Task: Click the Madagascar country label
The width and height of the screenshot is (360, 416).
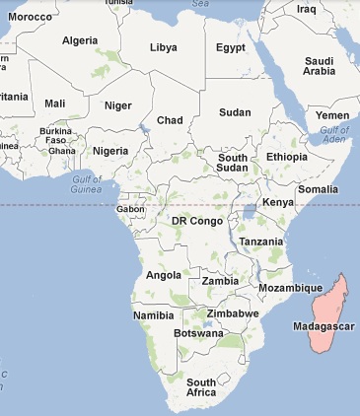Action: point(324,326)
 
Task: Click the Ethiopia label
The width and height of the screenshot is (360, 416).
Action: point(286,157)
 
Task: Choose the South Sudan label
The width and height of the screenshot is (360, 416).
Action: point(233,163)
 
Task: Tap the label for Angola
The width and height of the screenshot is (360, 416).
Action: point(163,275)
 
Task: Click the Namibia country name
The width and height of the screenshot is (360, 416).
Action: point(153,315)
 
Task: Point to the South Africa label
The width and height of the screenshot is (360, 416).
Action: point(201,387)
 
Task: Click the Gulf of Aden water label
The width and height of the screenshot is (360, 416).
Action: point(335,135)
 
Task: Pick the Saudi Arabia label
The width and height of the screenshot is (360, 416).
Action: point(320,66)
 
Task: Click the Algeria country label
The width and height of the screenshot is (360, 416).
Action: point(81,40)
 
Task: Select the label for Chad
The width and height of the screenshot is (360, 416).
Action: point(171,120)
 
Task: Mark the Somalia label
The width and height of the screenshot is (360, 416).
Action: point(318,188)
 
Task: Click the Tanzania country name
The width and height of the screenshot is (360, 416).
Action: point(260,242)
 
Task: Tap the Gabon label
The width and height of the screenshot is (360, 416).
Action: point(130,209)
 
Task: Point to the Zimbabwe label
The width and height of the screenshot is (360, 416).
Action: point(233,313)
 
